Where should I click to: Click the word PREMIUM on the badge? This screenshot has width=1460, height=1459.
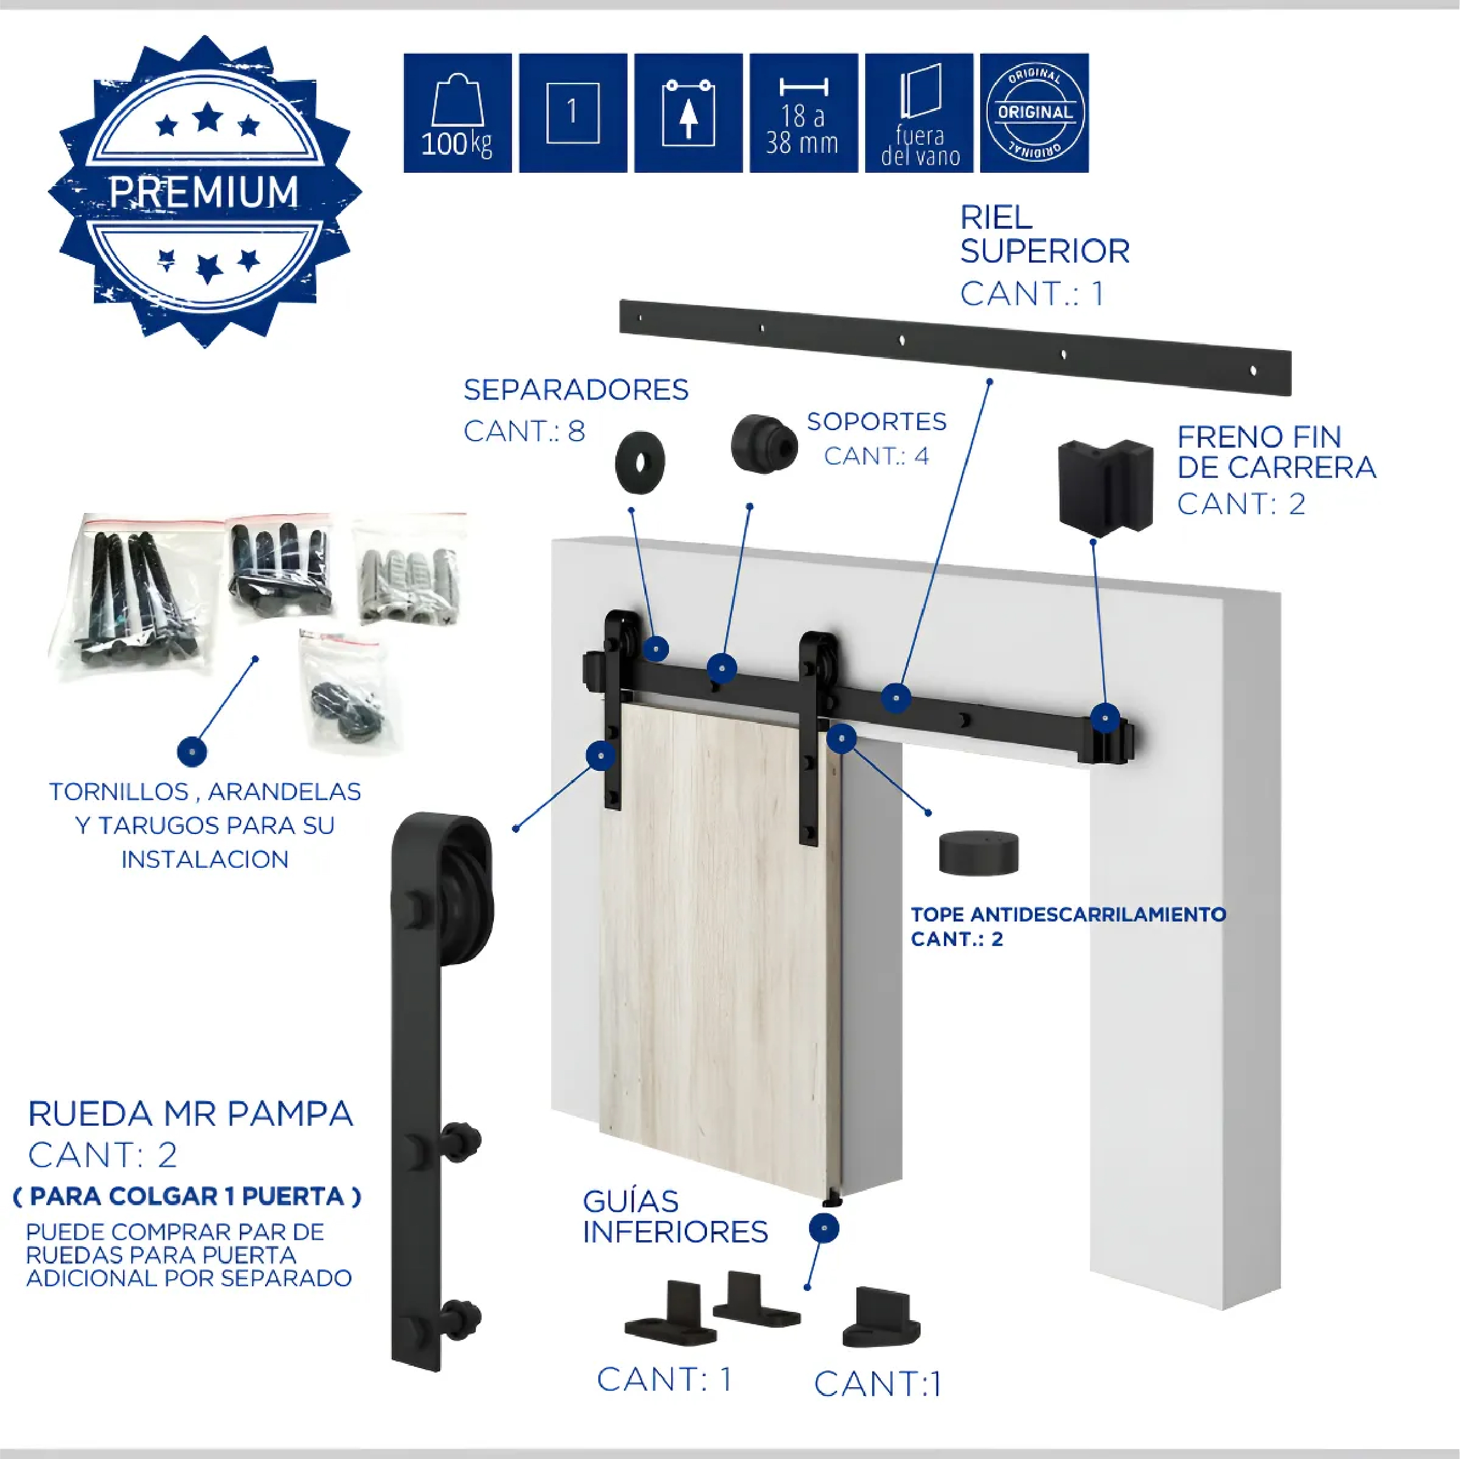(x=204, y=191)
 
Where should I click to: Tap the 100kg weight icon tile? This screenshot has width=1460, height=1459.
(x=457, y=113)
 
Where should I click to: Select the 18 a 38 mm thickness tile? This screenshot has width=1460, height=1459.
(x=803, y=113)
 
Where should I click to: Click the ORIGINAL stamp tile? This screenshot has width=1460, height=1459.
(x=1034, y=113)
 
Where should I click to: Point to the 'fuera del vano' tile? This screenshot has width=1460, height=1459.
(x=919, y=113)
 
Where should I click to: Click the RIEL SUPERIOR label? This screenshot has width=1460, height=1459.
(x=1044, y=234)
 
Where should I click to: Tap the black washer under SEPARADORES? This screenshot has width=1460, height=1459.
(x=640, y=462)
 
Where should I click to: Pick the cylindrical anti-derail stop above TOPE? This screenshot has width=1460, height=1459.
(x=978, y=853)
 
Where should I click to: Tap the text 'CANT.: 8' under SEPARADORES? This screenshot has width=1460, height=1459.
(x=524, y=431)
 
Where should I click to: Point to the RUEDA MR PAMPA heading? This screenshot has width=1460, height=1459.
(x=190, y=1113)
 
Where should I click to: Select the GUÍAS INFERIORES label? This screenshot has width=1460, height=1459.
(x=675, y=1216)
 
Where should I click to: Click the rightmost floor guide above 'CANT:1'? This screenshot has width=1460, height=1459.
(x=881, y=1318)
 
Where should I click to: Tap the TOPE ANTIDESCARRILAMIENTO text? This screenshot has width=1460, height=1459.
(x=1068, y=915)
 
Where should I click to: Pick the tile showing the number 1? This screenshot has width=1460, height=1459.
(x=573, y=113)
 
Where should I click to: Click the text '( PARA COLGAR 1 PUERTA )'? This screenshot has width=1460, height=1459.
(x=187, y=1196)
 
